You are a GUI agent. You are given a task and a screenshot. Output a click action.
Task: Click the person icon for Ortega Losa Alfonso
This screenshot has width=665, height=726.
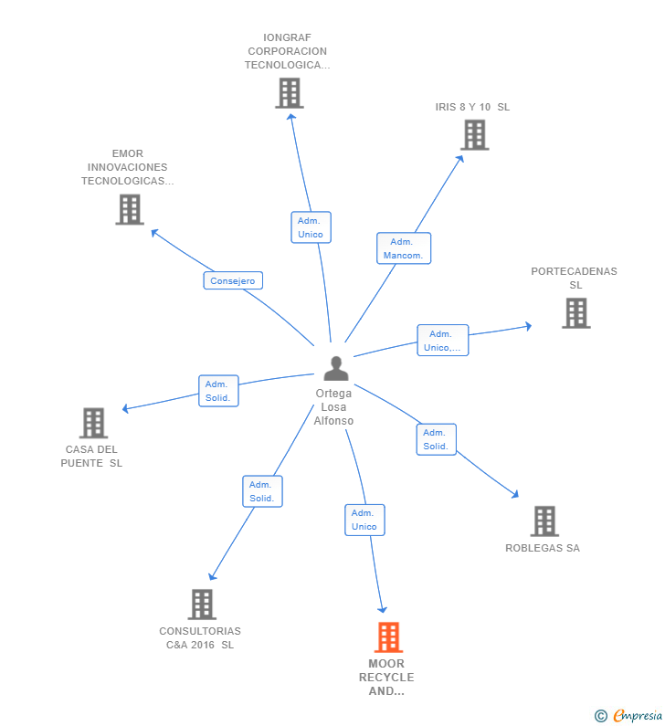click(x=336, y=369)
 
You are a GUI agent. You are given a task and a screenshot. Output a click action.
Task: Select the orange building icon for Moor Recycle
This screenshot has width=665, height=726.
click(x=388, y=637)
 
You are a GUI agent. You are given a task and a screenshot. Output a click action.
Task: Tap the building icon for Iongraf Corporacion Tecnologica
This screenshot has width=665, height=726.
click(x=289, y=93)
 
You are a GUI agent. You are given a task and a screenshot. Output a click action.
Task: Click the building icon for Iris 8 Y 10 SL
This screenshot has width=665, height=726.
click(x=474, y=135)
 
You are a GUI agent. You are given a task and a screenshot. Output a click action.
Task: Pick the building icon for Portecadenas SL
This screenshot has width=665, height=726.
click(x=575, y=313)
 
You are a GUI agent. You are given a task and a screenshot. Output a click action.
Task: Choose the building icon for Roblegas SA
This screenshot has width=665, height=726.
click(x=544, y=521)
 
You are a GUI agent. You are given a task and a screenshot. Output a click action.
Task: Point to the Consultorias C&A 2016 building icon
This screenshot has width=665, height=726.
click(x=202, y=605)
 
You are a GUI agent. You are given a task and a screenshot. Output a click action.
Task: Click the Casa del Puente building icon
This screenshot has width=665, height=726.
click(x=93, y=423)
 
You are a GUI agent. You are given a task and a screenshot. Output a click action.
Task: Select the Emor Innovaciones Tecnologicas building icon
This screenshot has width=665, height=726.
click(x=130, y=209)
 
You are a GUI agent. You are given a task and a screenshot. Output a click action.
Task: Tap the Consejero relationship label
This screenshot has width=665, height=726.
click(x=233, y=280)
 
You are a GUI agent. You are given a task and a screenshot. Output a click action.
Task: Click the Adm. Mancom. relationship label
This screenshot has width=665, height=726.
click(x=403, y=248)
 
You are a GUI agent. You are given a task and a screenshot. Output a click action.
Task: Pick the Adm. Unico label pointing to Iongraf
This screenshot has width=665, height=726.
click(x=311, y=227)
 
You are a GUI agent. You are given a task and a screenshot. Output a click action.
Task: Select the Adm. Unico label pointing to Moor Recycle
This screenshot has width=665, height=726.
click(x=364, y=520)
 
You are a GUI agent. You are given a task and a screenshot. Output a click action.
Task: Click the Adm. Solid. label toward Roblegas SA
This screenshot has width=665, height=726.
click(x=436, y=439)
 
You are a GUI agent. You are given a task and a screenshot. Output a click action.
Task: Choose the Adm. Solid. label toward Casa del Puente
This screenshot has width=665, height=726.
click(x=218, y=391)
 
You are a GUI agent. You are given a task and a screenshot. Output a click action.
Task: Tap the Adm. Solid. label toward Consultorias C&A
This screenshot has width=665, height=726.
click(x=262, y=491)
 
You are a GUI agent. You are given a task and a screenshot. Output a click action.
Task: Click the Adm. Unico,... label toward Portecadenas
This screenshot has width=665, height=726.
click(x=443, y=341)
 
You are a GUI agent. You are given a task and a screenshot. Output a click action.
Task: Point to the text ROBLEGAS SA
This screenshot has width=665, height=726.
click(x=543, y=548)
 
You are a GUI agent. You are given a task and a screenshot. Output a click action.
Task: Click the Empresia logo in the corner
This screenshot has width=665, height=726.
click(x=628, y=715)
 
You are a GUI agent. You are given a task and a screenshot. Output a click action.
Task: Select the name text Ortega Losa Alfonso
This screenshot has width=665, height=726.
click(x=334, y=407)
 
